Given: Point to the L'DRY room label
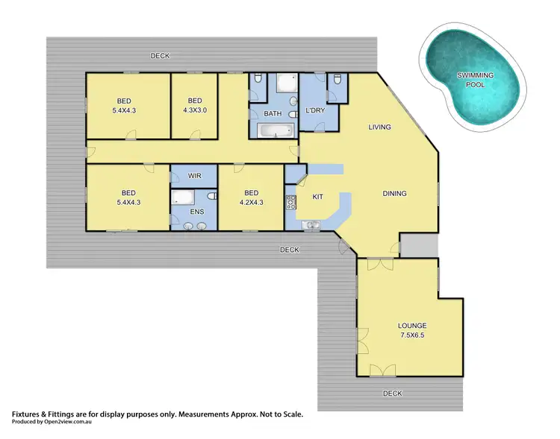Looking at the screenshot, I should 317,112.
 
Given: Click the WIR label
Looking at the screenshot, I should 195,176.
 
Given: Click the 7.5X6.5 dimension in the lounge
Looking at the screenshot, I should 412,335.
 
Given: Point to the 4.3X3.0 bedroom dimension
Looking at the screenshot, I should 195,110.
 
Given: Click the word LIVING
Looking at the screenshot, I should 379,127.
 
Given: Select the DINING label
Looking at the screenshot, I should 394,194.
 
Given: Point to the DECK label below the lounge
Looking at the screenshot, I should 392,393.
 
